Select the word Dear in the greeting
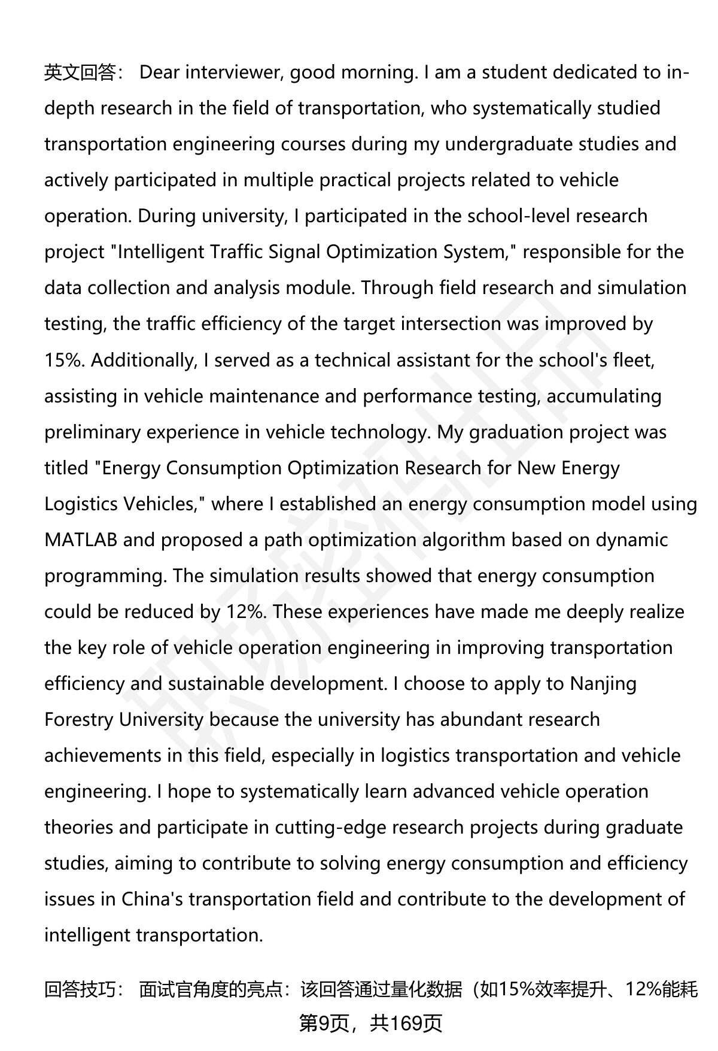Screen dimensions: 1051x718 coord(159,72)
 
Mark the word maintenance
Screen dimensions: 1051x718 coord(261,396)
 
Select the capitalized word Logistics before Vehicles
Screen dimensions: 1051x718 coord(81,504)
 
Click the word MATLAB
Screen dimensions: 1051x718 coord(81,540)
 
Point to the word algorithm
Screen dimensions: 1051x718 coord(464,540)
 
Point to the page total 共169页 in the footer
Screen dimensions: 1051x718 coord(406,1023)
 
